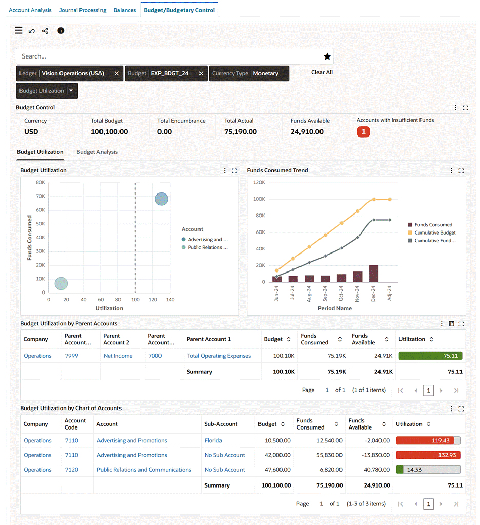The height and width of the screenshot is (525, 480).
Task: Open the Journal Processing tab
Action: click(x=83, y=10)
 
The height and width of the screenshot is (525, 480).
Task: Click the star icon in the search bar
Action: click(x=327, y=56)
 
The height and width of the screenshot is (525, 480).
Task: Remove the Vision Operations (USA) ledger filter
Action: click(x=117, y=73)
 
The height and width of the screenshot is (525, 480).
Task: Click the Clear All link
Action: click(x=322, y=72)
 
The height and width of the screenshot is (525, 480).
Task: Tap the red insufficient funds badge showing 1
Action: click(x=364, y=132)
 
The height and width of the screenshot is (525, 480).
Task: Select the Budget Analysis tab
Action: click(x=97, y=152)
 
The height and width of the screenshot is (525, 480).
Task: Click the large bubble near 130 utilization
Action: click(x=162, y=199)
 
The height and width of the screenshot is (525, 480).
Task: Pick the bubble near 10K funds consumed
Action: click(x=61, y=283)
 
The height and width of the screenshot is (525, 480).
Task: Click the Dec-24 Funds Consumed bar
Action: click(x=374, y=274)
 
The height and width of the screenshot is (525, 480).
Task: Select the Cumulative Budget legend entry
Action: click(x=435, y=232)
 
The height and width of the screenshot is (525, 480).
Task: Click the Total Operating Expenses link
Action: click(x=219, y=356)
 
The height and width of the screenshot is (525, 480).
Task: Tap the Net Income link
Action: click(x=118, y=356)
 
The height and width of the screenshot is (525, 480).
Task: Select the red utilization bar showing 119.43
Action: click(x=428, y=440)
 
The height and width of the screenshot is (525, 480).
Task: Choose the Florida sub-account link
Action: click(x=213, y=440)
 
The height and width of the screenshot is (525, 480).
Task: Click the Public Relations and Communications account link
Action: click(x=144, y=470)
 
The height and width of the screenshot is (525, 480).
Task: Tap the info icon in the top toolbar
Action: click(x=61, y=31)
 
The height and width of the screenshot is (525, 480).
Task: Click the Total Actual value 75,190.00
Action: click(x=241, y=132)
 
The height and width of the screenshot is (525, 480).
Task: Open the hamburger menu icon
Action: click(x=18, y=31)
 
